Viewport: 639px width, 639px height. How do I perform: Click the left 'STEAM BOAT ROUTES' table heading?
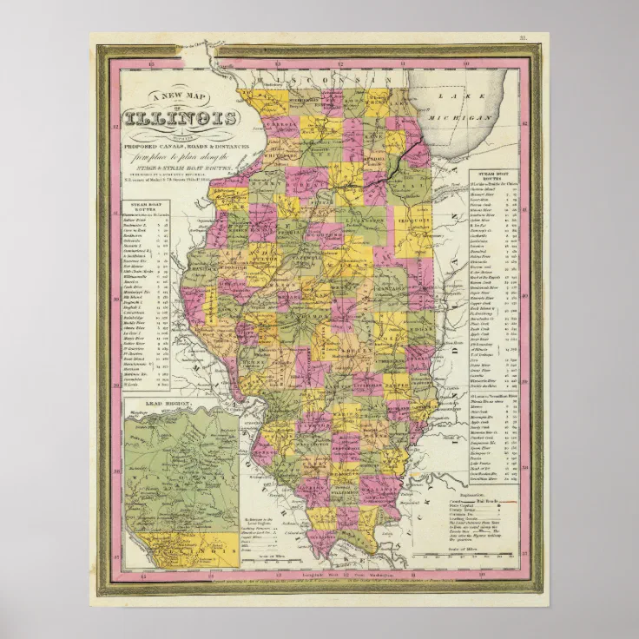146,205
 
